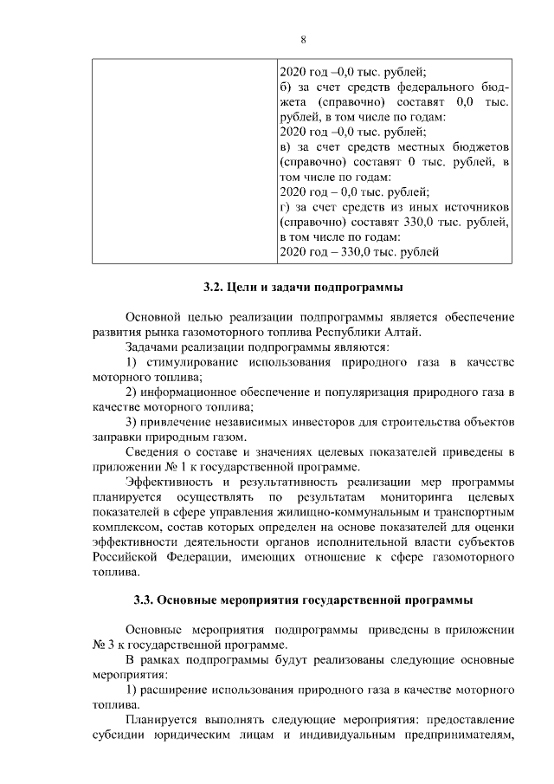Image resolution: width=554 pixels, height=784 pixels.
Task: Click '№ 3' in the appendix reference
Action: coord(104,645)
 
